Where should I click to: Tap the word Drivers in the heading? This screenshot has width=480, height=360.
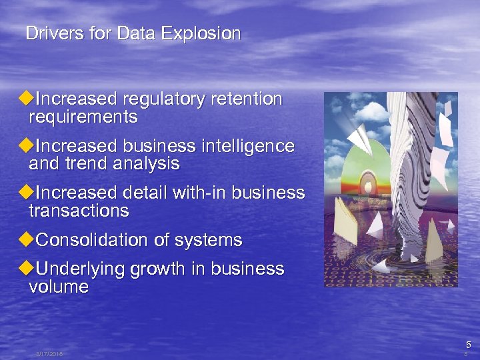[49, 33]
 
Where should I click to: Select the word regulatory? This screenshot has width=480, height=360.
[163, 99]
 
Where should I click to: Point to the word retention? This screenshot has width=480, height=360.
[246, 99]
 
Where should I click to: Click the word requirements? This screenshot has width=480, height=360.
[83, 118]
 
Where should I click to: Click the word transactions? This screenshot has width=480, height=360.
[79, 211]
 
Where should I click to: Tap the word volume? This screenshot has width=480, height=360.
[59, 287]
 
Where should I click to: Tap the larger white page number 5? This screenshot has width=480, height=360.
[468, 345]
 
